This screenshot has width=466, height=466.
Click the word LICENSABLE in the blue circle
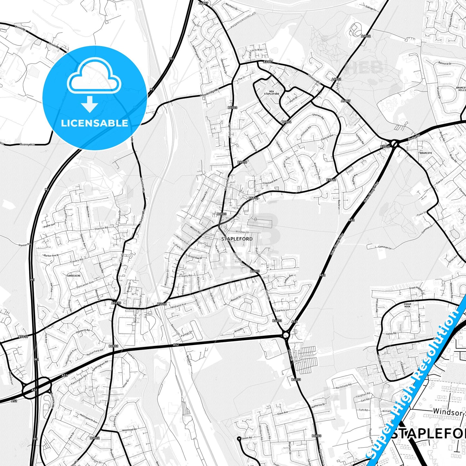pos(94,123)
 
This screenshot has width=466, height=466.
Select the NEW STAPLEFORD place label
pos(271,92)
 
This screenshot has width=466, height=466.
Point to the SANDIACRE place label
pos(74,276)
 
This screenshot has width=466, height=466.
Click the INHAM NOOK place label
pos(407,305)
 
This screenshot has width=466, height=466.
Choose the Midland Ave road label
pos(179,305)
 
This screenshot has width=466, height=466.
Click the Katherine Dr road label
pos(319,405)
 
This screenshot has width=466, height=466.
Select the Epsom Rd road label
pos(246,438)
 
